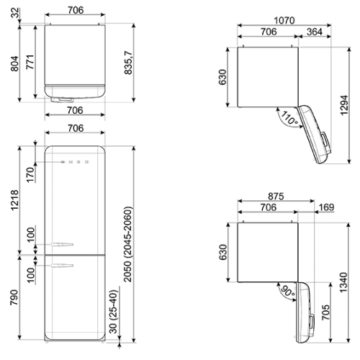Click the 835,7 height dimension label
click(128, 63)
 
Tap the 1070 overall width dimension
click(284, 21)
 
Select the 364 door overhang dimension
click(315, 32)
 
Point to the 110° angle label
click(289, 118)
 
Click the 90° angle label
click(287, 292)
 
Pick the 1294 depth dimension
click(344, 105)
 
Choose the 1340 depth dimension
click(343, 282)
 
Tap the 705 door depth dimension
click(325, 312)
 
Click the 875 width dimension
click(276, 197)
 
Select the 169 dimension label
click(327, 207)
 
